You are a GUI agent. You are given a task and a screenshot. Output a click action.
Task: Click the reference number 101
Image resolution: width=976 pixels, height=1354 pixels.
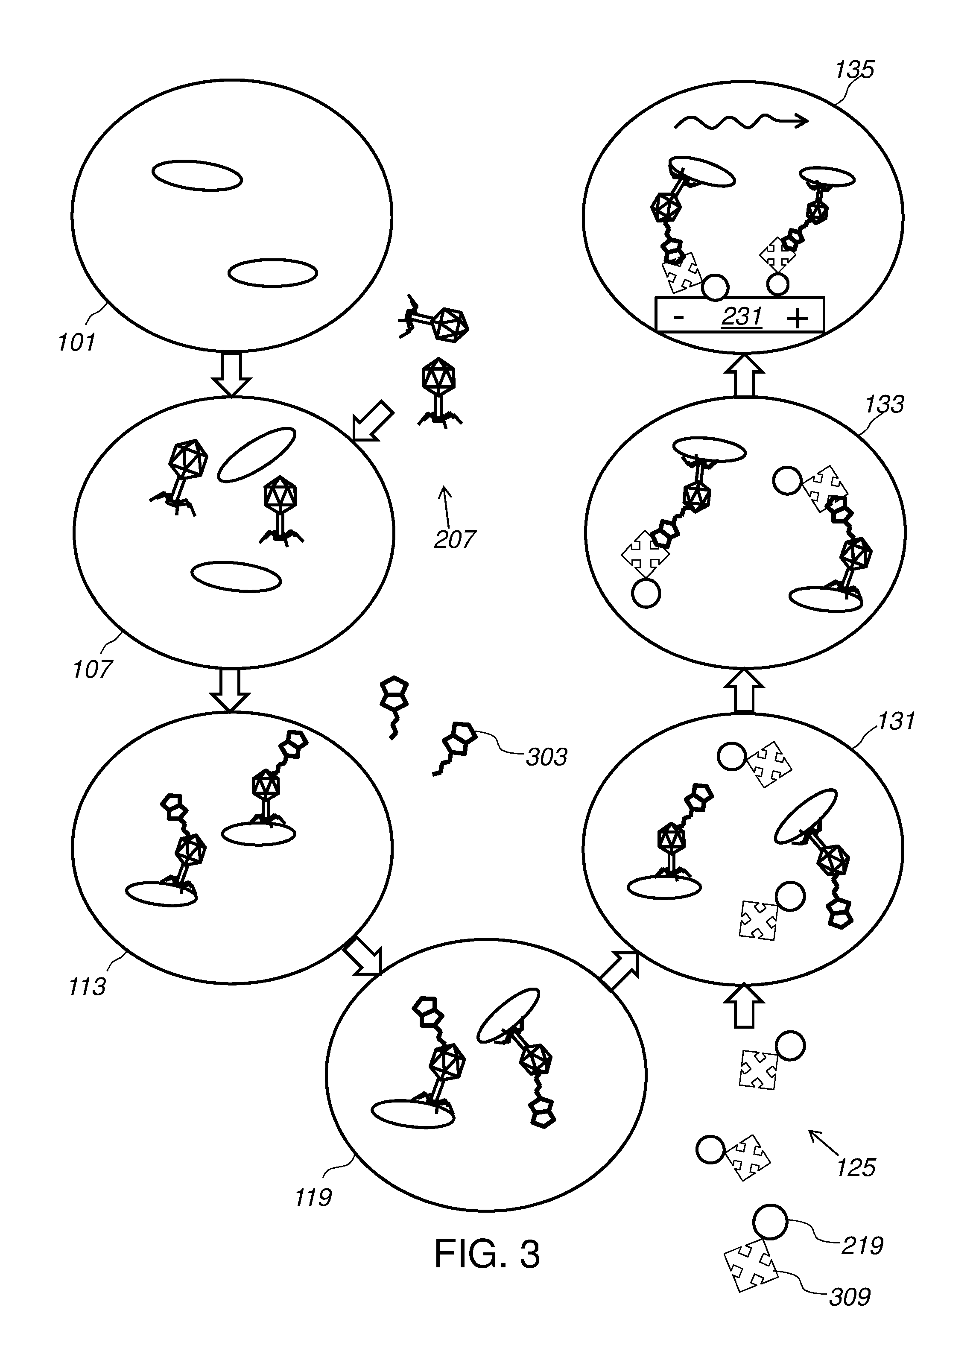(x=76, y=343)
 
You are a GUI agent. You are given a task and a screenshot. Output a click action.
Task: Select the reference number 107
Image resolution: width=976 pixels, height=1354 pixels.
(x=92, y=669)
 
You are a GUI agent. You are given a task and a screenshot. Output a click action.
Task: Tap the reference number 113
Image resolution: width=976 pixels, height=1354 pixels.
(x=87, y=987)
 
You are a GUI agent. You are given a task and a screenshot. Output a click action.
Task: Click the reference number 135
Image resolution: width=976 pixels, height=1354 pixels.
(x=855, y=69)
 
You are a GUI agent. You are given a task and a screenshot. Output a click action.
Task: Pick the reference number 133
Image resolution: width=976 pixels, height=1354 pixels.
(x=885, y=404)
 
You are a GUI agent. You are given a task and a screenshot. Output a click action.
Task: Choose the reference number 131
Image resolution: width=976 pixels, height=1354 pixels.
(x=896, y=721)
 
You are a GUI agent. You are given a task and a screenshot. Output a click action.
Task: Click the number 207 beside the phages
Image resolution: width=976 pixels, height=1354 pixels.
(x=455, y=539)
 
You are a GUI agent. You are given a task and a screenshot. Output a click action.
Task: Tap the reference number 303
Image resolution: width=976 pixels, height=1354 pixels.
(x=546, y=757)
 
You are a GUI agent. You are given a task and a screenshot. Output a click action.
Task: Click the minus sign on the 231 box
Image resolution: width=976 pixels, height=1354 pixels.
(x=678, y=317)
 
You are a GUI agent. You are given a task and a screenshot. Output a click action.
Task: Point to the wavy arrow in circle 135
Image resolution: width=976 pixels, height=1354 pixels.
(x=741, y=123)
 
